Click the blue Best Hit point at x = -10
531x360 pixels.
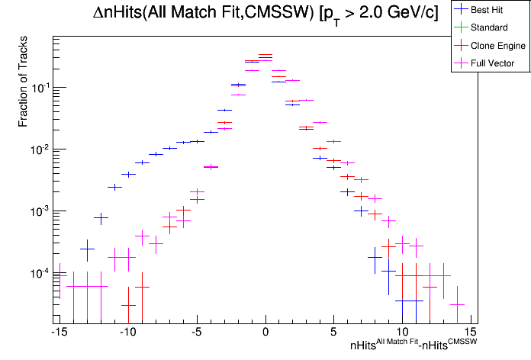pyautogui.click(x=128, y=175)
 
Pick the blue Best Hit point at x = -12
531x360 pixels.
pyautogui.click(x=101, y=218)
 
